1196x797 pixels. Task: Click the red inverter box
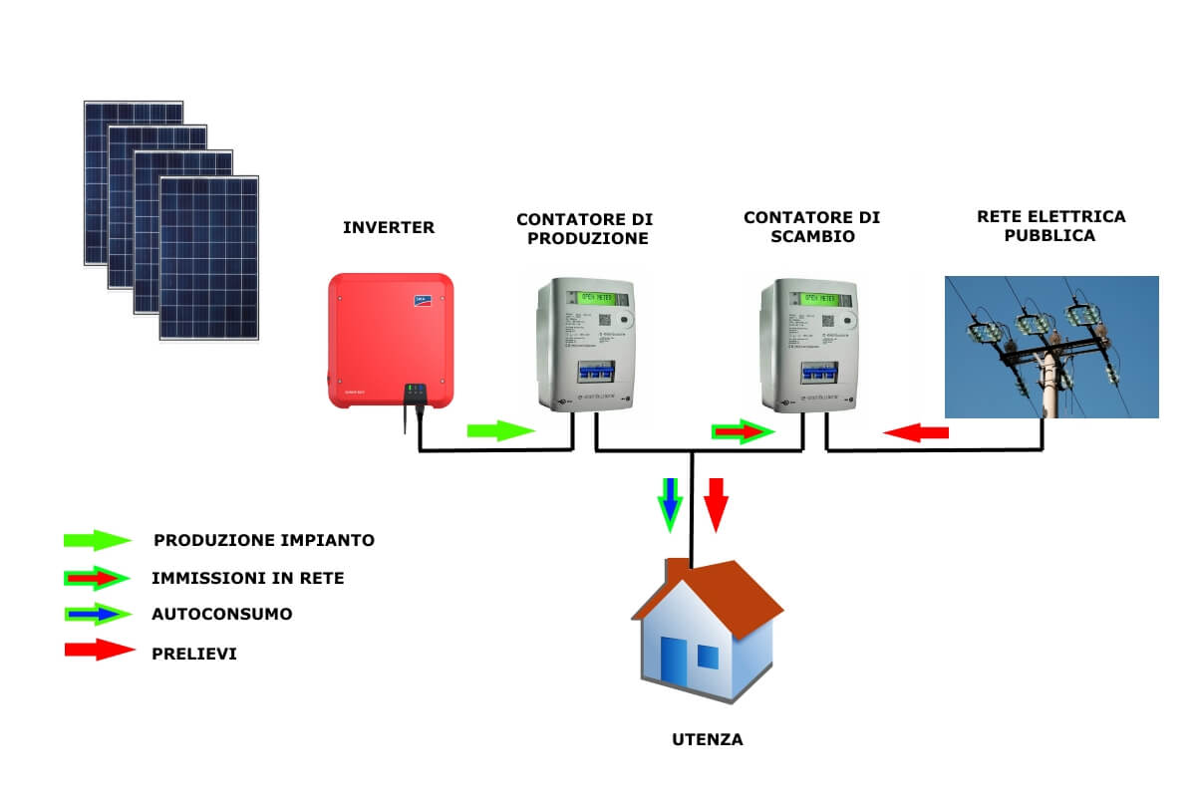point(391,341)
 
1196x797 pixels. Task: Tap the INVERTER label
point(389,228)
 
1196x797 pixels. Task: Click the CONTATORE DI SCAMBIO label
point(811,228)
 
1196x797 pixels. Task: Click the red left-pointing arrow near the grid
point(916,432)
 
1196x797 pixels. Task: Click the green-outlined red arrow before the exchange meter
point(744,431)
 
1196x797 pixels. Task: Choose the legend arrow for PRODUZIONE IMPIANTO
point(97,541)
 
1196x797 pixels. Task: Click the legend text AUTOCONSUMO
point(222,614)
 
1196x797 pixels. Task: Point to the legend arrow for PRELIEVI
point(99,651)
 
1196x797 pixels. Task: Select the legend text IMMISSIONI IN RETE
point(247,578)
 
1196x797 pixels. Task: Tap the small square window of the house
point(708,657)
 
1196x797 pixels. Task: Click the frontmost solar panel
point(209,258)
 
